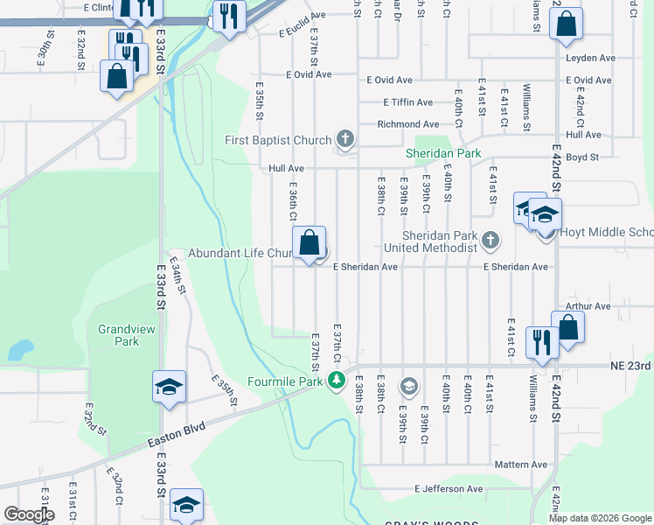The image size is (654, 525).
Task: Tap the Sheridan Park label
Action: [x=443, y=154]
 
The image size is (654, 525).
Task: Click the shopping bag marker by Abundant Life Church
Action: [x=310, y=243]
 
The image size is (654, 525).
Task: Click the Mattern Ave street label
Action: [x=520, y=465]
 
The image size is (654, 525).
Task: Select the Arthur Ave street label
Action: [x=588, y=306]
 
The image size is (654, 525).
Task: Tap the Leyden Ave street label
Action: [x=590, y=58]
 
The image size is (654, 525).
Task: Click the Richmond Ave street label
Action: [x=407, y=124]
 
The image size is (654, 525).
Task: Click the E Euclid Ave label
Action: [x=302, y=27]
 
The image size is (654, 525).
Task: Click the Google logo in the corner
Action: [x=29, y=514]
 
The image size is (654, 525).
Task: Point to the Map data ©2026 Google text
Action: [x=600, y=518]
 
